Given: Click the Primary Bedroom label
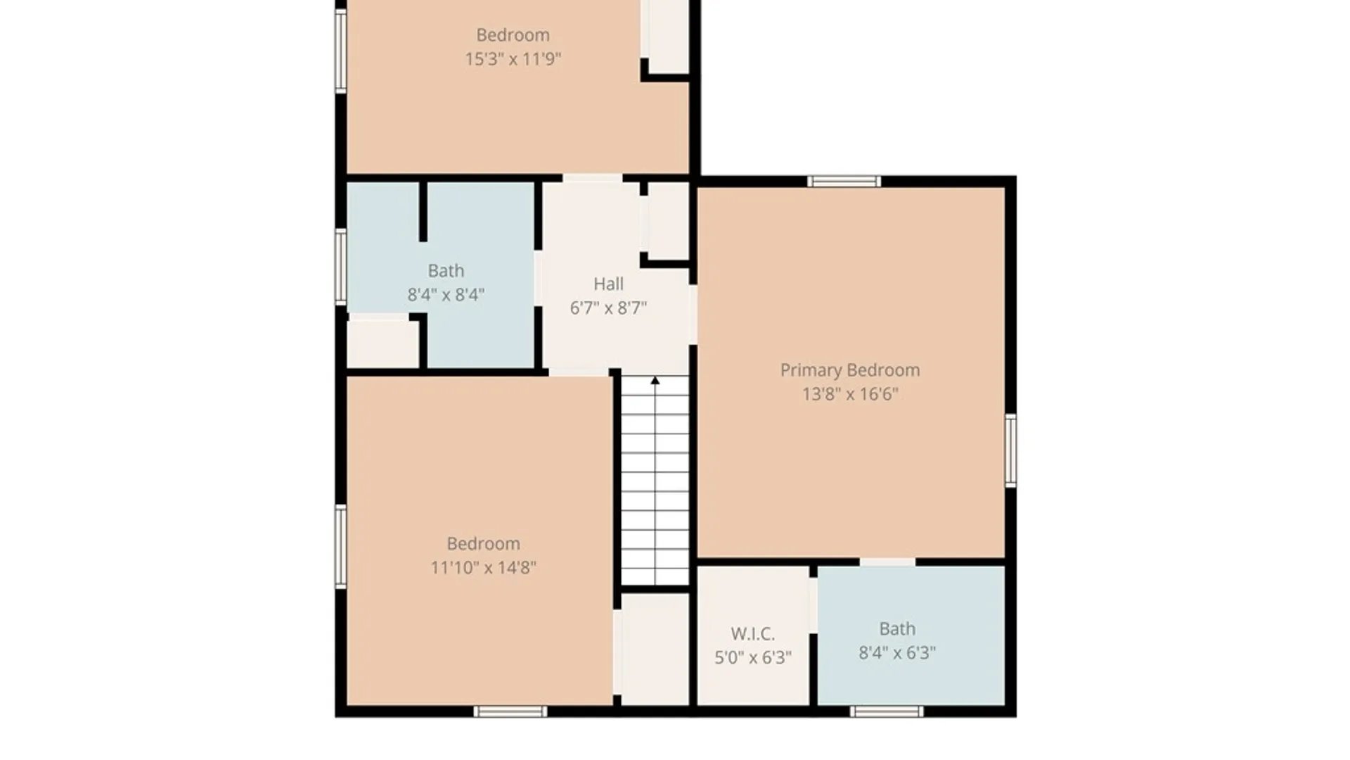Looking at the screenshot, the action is click(849, 370).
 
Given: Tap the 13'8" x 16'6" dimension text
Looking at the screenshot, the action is click(850, 394).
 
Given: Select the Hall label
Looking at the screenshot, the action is click(608, 284).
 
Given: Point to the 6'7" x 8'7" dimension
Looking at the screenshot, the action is click(608, 308).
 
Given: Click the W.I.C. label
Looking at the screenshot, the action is click(752, 634).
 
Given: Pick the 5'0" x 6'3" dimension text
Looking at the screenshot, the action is click(753, 658).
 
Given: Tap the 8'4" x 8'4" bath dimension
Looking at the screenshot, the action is click(446, 295).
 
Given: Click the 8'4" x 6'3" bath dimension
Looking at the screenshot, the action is click(897, 653).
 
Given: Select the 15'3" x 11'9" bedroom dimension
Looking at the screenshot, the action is click(513, 59).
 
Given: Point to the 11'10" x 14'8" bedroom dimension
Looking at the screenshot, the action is click(483, 568).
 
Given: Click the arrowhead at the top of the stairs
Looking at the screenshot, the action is click(655, 381).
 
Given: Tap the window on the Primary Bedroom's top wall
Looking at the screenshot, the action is click(844, 182).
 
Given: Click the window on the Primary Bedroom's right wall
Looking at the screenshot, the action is click(1010, 450).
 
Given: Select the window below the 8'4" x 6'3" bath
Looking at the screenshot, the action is click(886, 711).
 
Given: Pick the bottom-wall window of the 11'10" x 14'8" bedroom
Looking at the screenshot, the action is click(510, 711).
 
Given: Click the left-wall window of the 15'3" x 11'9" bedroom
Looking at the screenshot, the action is click(341, 51).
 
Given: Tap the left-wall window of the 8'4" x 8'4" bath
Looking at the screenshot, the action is click(341, 267).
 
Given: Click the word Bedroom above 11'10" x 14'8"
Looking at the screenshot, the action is click(483, 544).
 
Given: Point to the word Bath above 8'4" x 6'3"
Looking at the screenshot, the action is click(897, 629).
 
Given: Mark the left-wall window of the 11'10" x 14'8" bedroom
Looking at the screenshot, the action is click(341, 546).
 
